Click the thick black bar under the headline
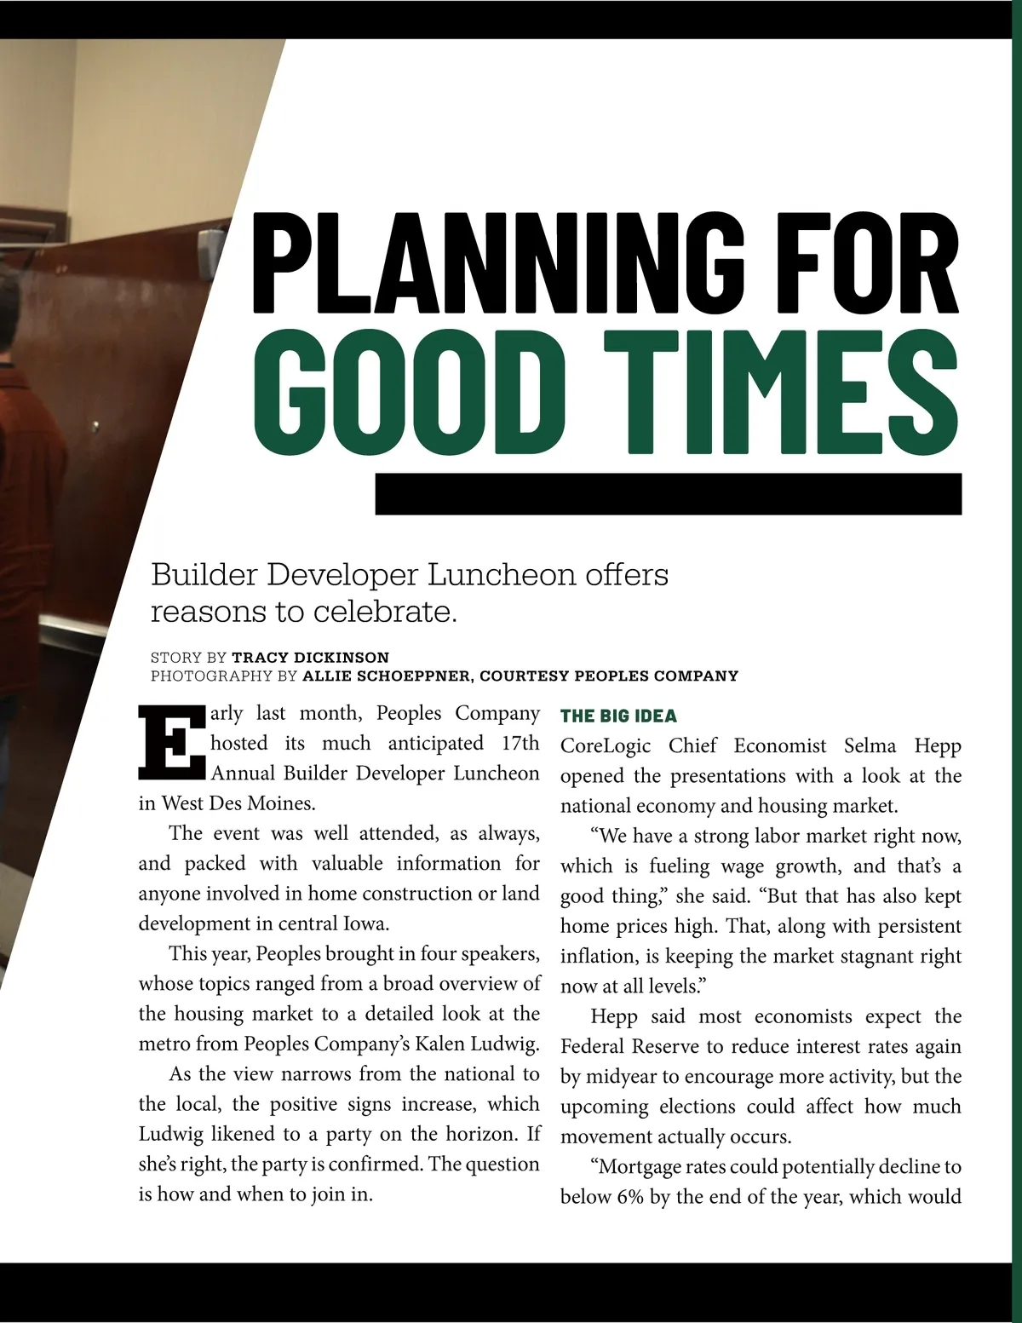click(x=669, y=494)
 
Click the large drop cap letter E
click(x=171, y=743)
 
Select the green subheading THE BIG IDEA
click(x=618, y=716)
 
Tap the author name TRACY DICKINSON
click(x=310, y=658)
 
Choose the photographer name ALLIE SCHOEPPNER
click(x=386, y=676)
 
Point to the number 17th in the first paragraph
click(x=520, y=743)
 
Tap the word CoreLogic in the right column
click(x=606, y=746)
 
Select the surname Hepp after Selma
click(x=938, y=746)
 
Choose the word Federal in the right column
click(x=591, y=1046)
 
